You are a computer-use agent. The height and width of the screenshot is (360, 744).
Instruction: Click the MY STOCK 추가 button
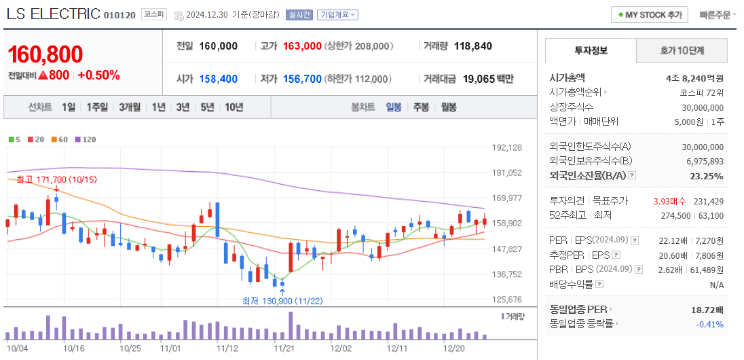650,14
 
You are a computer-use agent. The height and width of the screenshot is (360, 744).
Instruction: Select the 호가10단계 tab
682,50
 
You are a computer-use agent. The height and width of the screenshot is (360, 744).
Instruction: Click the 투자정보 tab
591,50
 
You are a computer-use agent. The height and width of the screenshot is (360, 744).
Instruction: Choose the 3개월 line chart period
130,107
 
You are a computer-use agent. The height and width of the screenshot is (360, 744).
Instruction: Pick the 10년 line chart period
234,107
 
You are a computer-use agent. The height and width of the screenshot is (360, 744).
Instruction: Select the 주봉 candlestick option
421,107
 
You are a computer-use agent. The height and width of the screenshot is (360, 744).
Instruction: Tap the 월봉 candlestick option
448,107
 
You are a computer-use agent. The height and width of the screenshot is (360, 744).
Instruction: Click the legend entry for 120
86,139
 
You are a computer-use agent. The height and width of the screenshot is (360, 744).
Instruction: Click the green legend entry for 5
14,139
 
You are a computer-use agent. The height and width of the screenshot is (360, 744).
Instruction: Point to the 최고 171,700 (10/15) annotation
48,179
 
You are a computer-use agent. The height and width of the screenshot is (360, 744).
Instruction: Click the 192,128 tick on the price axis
506,147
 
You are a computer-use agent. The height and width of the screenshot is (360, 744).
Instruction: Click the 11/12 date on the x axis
227,348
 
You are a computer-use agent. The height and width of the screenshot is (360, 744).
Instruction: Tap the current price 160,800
45,54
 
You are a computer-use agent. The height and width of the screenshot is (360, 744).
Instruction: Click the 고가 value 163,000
302,46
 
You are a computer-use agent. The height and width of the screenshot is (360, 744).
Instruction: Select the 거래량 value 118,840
472,46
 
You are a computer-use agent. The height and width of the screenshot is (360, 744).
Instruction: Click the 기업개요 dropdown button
337,15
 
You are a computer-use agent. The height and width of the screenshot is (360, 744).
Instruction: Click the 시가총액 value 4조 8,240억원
694,78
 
